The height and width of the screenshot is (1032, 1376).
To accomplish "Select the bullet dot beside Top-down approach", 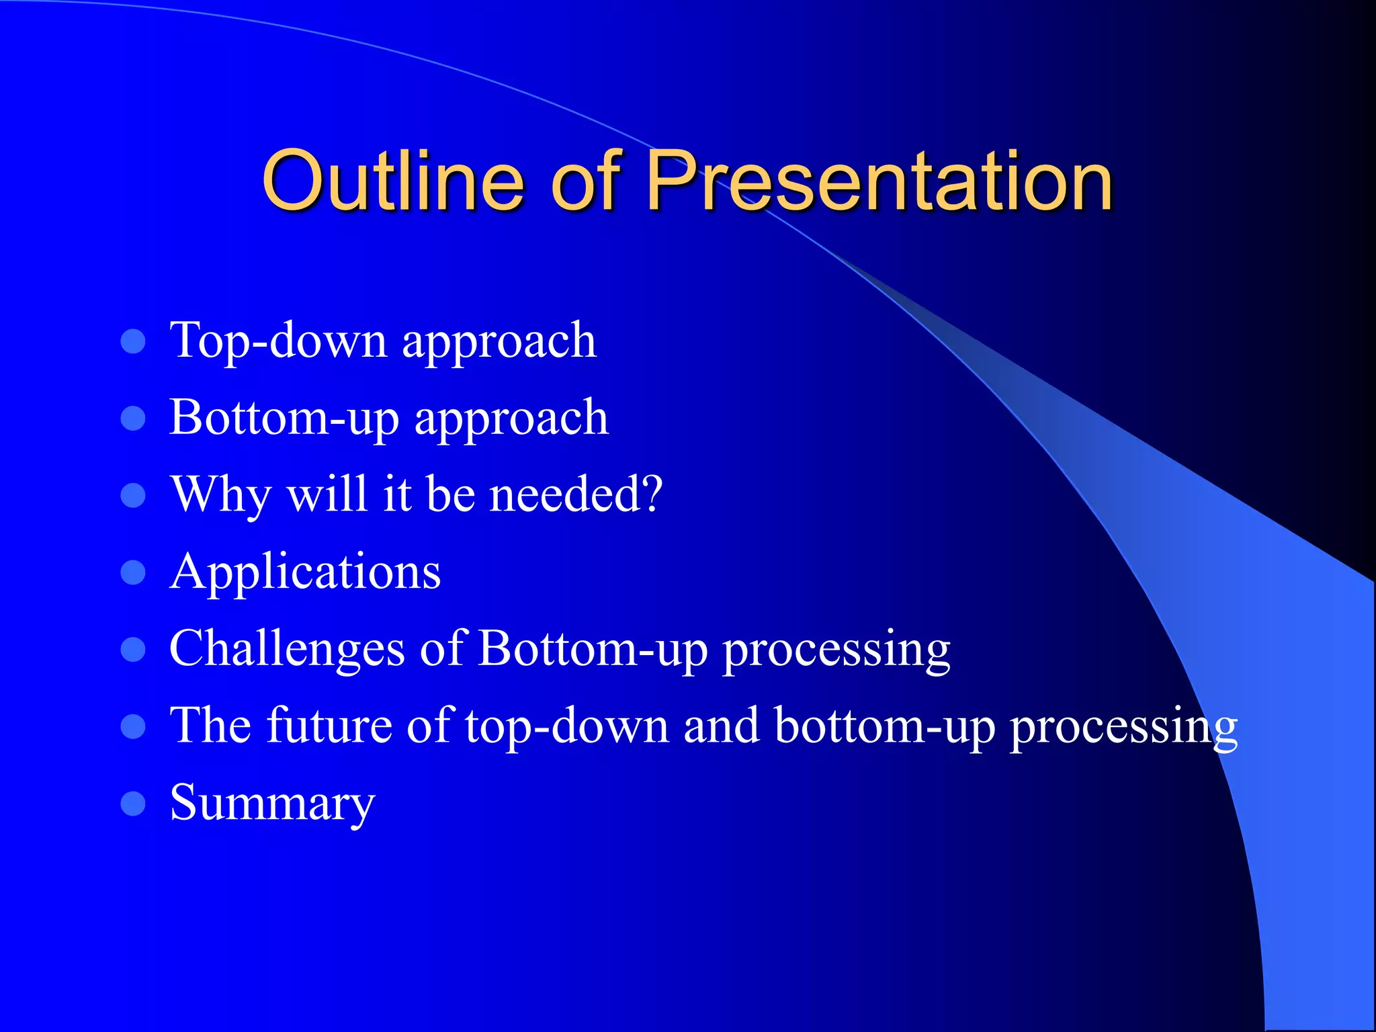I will coord(133,341).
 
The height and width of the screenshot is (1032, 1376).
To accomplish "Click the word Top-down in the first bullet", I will coord(278,340).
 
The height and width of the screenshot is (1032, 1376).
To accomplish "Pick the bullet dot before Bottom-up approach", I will coord(133,418).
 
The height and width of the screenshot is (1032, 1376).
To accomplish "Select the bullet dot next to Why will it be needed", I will coord(133,495).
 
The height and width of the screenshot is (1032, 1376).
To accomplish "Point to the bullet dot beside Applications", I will coord(133,572).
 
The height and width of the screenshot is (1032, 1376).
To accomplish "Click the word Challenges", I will coord(287,650).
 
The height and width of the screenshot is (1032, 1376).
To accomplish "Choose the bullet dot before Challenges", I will coord(133,650).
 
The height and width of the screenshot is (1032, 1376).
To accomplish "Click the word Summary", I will coord(272,804).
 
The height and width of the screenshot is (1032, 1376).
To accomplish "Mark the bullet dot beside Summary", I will coord(133,804).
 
